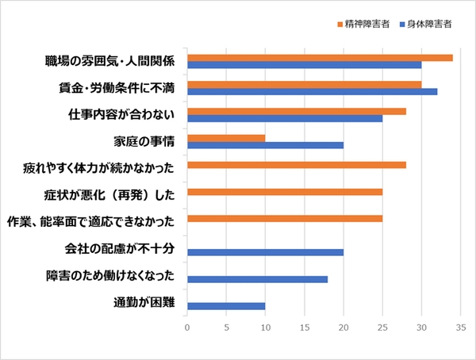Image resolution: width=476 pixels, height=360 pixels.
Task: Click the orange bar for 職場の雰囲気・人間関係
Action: tap(320, 57)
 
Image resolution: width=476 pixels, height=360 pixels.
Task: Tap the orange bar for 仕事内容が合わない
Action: tap(296, 111)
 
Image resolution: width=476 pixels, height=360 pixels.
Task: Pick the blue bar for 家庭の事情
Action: tap(265, 145)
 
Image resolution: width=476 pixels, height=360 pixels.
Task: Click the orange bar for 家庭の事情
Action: tap(226, 138)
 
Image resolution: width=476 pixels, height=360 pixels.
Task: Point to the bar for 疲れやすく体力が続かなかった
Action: tap(296, 165)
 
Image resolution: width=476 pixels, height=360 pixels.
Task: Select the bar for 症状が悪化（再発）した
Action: tap(285, 192)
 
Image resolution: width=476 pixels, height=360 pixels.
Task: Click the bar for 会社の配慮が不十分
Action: tap(265, 252)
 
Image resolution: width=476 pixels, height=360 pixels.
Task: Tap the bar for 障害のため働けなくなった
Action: tap(257, 279)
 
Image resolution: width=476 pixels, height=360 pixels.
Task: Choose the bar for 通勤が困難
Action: tap(226, 306)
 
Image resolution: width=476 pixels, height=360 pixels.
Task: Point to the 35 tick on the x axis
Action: tap(460, 325)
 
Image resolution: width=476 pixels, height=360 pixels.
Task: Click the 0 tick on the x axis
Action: tap(187, 325)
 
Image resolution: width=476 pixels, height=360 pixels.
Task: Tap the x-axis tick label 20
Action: tap(344, 325)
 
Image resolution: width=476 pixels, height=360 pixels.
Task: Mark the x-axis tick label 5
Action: tap(226, 325)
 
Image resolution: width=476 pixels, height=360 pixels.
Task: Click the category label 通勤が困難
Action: tap(150, 303)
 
